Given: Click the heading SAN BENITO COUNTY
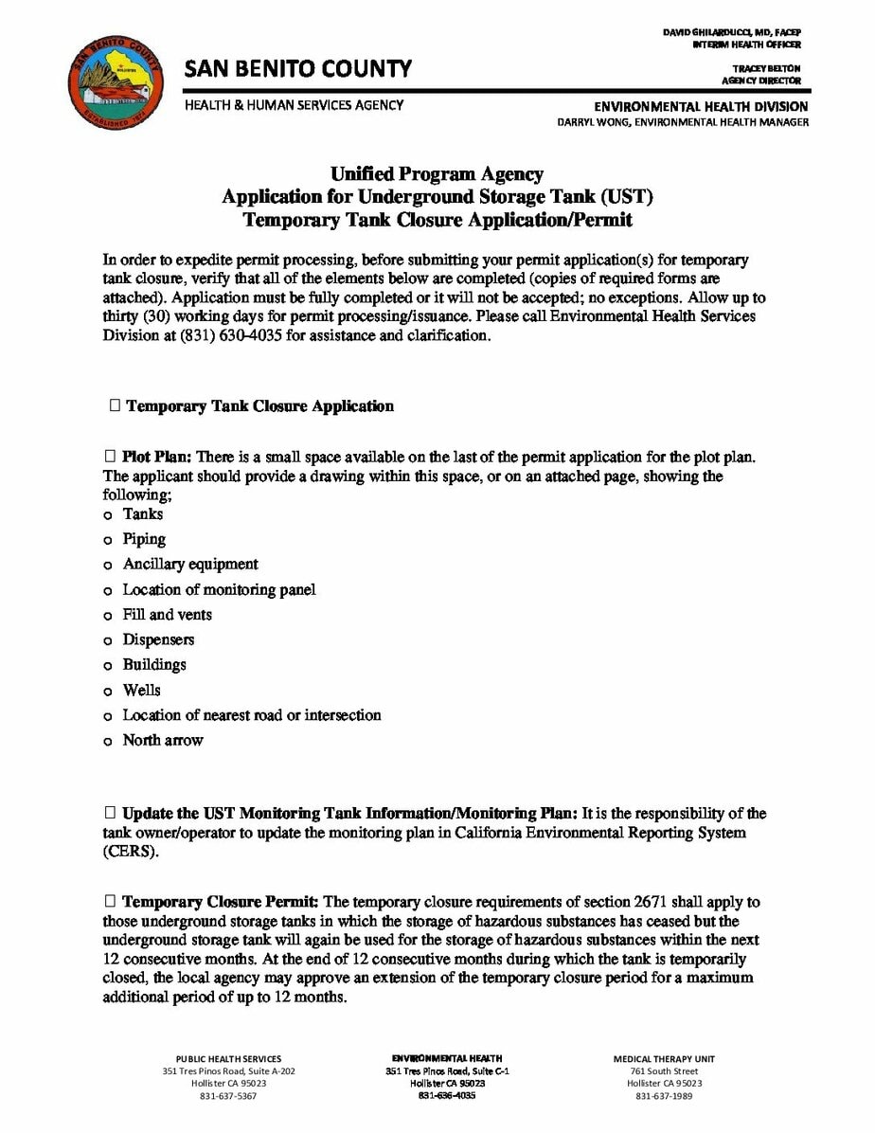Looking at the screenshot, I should point(298,68).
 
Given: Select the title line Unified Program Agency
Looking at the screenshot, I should point(437,174).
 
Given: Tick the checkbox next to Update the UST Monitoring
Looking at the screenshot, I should point(110,813).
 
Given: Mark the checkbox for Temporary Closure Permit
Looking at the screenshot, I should point(110,902).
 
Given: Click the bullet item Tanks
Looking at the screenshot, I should point(143,514).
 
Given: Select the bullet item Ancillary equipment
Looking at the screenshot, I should point(190,565).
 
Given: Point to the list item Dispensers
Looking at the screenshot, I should point(158,640).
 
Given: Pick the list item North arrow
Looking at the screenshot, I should point(163,741).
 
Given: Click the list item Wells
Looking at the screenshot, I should point(142,691).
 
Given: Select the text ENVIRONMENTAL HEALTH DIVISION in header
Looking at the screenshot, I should point(701,106).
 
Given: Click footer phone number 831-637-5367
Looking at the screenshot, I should point(228,1096).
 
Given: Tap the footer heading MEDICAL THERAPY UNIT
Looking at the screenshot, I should point(664,1059).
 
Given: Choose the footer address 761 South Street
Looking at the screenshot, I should point(664,1071).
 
